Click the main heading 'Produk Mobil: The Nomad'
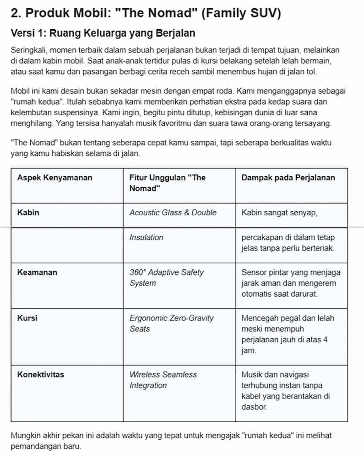pyautogui.click(x=146, y=13)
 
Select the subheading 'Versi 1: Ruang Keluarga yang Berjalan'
pyautogui.click(x=103, y=33)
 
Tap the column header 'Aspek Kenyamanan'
pyautogui.click(x=54, y=178)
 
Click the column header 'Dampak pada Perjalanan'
pyautogui.click(x=288, y=178)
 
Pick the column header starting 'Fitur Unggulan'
pyautogui.click(x=168, y=183)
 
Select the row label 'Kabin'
pyautogui.click(x=28, y=213)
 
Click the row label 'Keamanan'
pyautogui.click(x=37, y=272)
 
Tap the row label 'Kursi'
pyautogui.click(x=27, y=318)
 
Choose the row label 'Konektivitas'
pyautogui.click(x=40, y=375)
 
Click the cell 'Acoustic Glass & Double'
pyautogui.click(x=173, y=213)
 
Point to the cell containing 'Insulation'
pyautogui.click(x=146, y=238)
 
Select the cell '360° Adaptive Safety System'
pyautogui.click(x=166, y=278)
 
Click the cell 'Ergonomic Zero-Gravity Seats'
pyautogui.click(x=171, y=323)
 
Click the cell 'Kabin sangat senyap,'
pyautogui.click(x=279, y=213)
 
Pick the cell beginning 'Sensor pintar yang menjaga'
pyautogui.click(x=291, y=283)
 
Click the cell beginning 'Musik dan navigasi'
pyautogui.click(x=286, y=391)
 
